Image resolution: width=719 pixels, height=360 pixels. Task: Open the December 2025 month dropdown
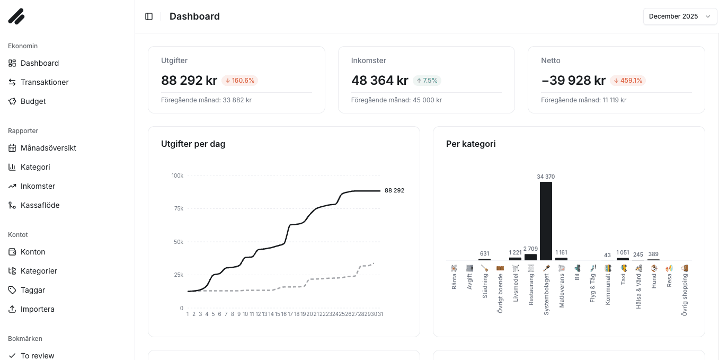click(x=680, y=16)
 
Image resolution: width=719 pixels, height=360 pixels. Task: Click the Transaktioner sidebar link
click(x=45, y=82)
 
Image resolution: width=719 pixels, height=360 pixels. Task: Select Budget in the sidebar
click(x=33, y=101)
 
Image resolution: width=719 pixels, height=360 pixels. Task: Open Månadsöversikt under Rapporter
click(x=48, y=148)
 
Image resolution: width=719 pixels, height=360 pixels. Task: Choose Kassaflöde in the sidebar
click(x=40, y=205)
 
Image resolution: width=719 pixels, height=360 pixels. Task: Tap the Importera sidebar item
click(x=37, y=309)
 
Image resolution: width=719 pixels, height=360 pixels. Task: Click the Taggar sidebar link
click(x=33, y=290)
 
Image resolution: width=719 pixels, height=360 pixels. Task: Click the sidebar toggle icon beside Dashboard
click(x=149, y=16)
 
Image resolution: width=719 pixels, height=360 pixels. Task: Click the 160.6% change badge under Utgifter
click(x=239, y=81)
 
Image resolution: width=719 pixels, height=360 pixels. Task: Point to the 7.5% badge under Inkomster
click(x=427, y=81)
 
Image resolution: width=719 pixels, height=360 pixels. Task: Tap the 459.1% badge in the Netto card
click(x=627, y=81)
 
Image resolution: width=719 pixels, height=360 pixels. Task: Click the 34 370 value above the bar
click(x=546, y=177)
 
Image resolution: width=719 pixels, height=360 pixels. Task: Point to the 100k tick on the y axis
click(x=177, y=175)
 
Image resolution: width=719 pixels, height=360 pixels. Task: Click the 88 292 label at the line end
click(x=394, y=190)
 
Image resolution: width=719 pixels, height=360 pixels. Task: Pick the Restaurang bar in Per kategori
click(x=530, y=257)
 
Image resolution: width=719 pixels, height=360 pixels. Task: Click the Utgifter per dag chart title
click(x=193, y=144)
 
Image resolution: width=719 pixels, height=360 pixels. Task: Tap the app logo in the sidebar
click(x=16, y=16)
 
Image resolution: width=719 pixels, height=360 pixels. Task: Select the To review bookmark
click(x=37, y=355)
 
